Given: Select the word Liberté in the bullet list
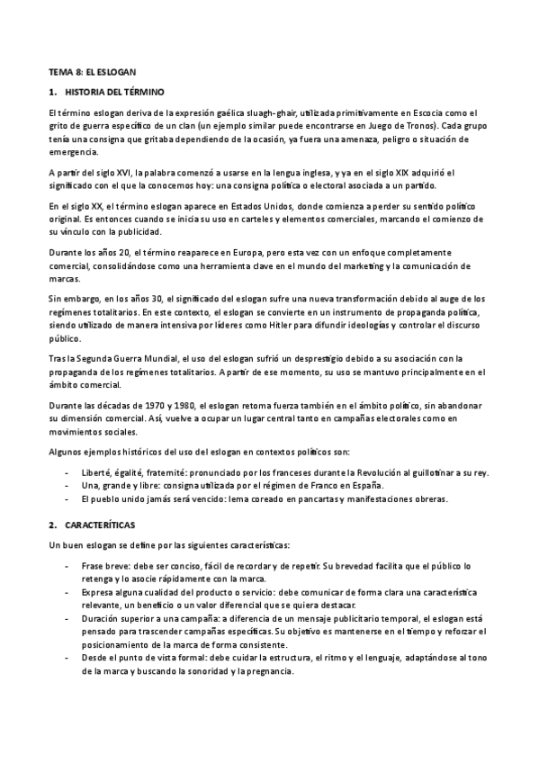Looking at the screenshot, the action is (99, 471).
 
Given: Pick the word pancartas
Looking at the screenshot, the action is (292, 498).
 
